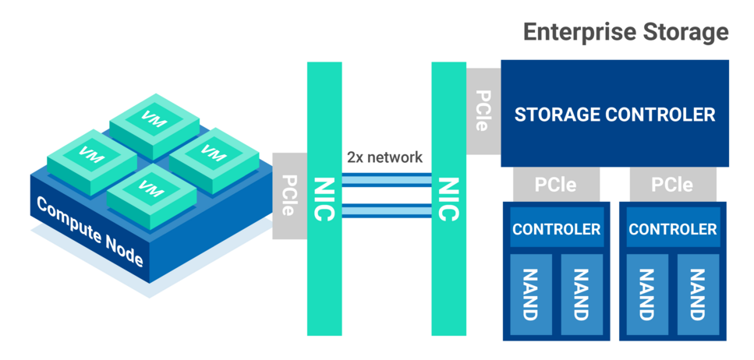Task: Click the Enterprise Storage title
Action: point(625,32)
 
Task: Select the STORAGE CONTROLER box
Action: point(614,114)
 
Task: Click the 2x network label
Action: point(384,157)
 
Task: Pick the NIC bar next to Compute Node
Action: point(325,198)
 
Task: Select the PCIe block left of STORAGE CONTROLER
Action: point(482,111)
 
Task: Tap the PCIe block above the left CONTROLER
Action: point(556,185)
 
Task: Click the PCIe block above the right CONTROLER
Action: point(672,185)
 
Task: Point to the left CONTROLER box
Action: point(556,229)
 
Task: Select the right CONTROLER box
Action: point(672,229)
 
